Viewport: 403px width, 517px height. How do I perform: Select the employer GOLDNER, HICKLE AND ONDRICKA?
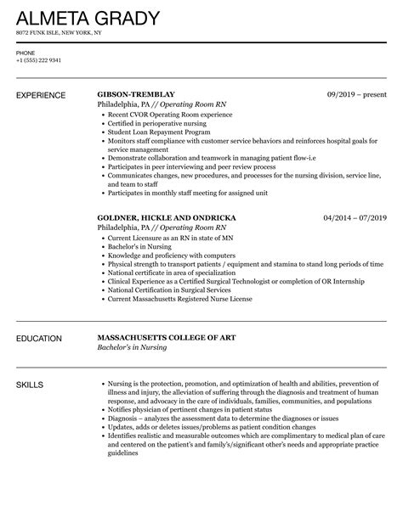click(x=166, y=217)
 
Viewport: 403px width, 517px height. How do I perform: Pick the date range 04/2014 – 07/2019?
click(x=355, y=217)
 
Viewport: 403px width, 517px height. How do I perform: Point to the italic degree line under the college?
click(x=132, y=348)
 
